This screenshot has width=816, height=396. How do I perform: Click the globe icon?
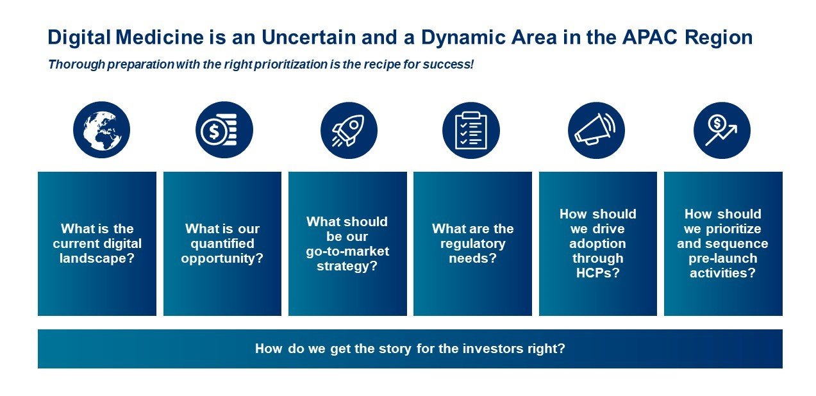(x=102, y=129)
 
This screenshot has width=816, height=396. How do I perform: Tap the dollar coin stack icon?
(x=224, y=129)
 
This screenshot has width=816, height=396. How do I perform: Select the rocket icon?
(x=349, y=130)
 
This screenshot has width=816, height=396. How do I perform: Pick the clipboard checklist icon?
(x=471, y=130)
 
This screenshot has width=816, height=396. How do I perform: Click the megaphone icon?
(x=596, y=130)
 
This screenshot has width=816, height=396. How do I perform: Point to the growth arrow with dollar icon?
(x=722, y=130)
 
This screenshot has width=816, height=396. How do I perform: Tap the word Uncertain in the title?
(x=308, y=37)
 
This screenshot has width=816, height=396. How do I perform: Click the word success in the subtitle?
(x=448, y=65)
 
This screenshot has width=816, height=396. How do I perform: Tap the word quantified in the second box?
(x=222, y=243)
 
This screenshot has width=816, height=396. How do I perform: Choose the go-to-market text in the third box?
(x=347, y=251)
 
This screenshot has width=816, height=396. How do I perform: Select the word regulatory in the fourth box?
(x=473, y=243)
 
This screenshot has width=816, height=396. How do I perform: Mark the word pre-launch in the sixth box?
(x=723, y=258)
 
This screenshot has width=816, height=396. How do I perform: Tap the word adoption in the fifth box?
(x=598, y=243)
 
